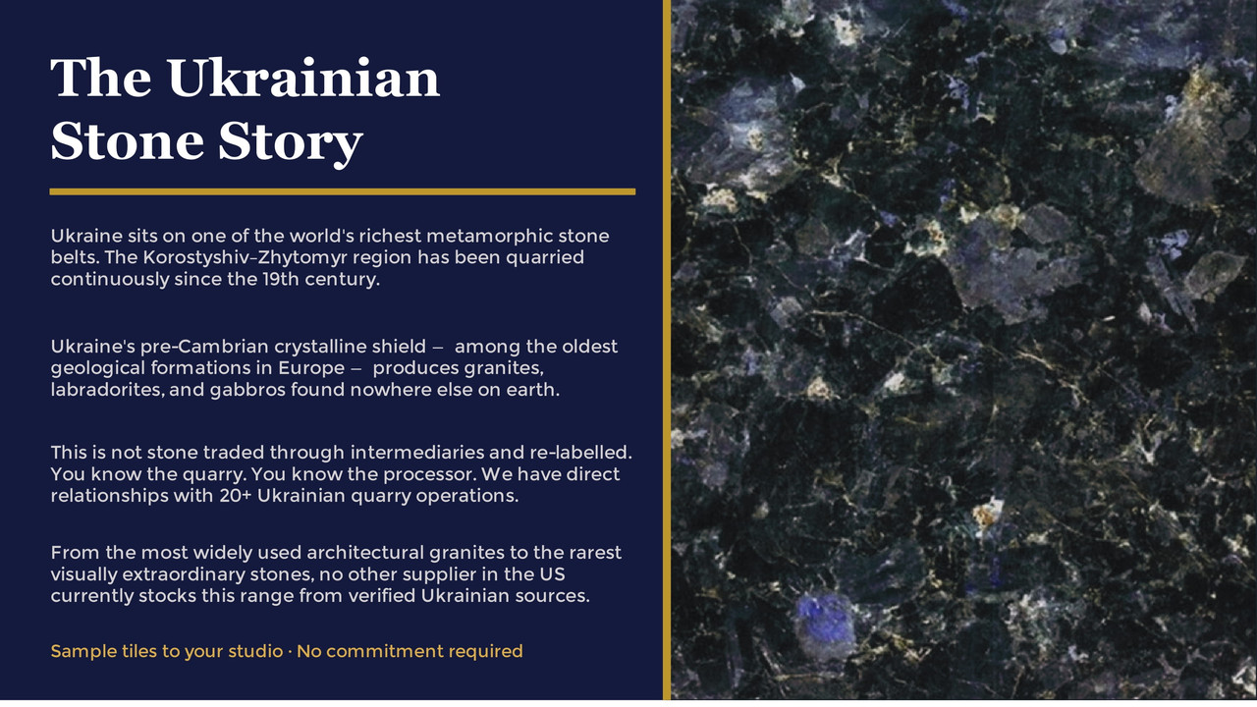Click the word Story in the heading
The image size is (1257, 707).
click(x=291, y=141)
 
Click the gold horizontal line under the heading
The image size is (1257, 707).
click(x=343, y=191)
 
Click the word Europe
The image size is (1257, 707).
click(x=311, y=368)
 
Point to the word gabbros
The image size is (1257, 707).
click(x=247, y=390)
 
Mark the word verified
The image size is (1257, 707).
click(x=382, y=596)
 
